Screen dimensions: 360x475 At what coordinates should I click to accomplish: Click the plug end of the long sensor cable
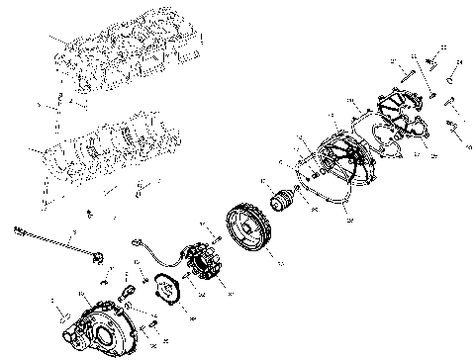click(x=20, y=230)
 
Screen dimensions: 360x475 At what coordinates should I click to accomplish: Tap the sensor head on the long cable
click(x=99, y=258)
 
